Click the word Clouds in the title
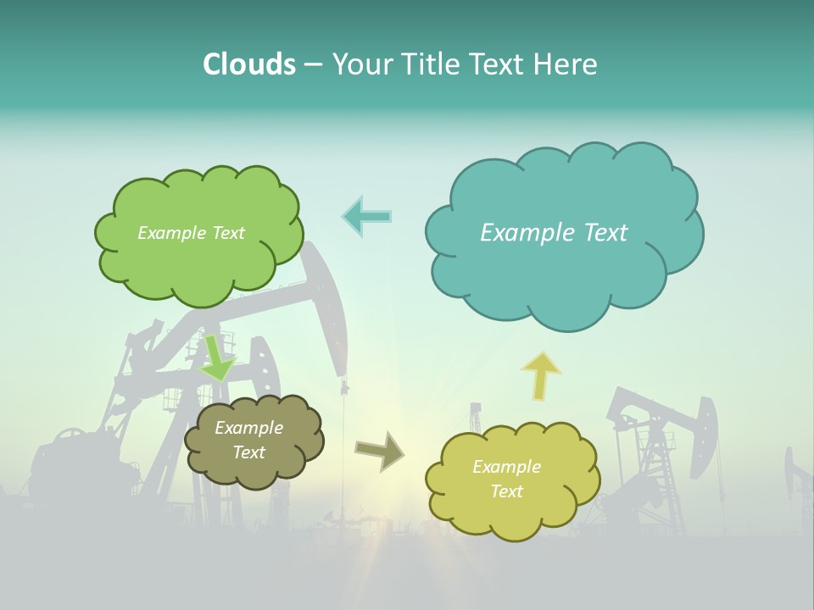[x=249, y=64]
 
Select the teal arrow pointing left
[x=366, y=216]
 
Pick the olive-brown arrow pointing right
[x=379, y=451]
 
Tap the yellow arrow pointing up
[x=541, y=376]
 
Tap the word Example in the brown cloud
[x=248, y=428]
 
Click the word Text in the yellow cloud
[x=507, y=491]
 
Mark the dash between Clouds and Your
[x=313, y=65]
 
